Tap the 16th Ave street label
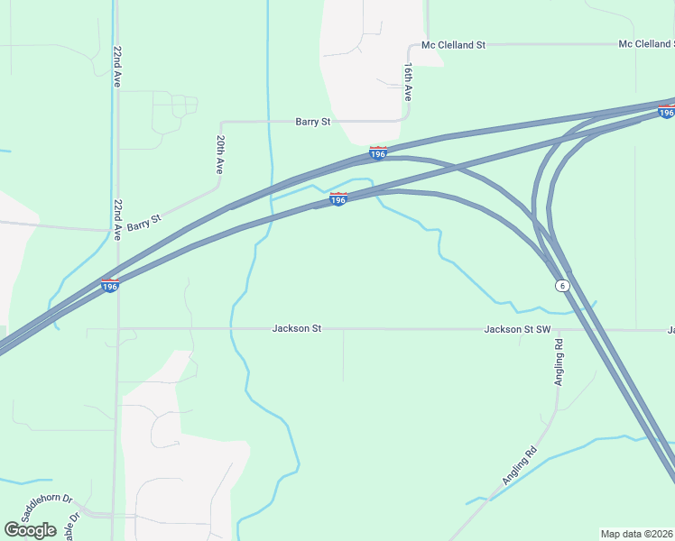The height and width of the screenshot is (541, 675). [408, 81]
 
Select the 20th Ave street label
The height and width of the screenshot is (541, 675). [219, 154]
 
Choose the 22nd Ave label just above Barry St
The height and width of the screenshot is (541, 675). [117, 219]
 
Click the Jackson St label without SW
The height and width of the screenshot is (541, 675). [297, 329]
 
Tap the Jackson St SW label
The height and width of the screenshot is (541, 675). [517, 329]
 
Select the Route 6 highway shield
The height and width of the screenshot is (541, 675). [562, 285]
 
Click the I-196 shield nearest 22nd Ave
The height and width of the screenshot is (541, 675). [109, 286]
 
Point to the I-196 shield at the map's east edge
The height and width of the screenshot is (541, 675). [666, 112]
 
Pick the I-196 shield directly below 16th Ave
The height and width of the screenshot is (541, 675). [378, 154]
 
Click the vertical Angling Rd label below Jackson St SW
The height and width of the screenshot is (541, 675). [559, 362]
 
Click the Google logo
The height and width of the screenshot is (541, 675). [30, 529]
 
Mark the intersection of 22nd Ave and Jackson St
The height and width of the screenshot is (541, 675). [117, 329]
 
